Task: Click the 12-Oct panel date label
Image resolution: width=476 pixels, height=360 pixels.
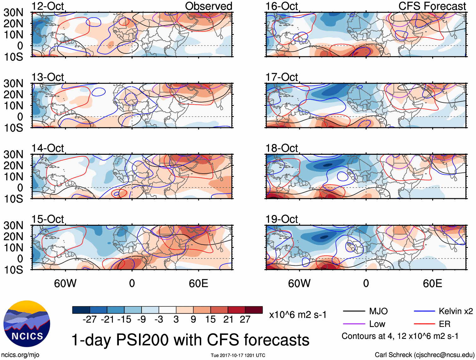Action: click(48, 6)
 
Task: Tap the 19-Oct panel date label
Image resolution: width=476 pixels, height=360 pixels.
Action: click(282, 219)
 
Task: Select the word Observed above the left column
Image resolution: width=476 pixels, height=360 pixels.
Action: click(208, 6)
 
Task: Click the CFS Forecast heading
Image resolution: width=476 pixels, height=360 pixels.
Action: click(432, 6)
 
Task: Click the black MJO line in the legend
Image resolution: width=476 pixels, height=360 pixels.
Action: click(354, 311)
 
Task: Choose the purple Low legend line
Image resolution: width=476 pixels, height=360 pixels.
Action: click(354, 324)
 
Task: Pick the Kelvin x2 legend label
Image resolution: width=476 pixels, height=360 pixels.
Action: click(456, 311)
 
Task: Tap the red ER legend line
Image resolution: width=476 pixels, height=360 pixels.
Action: click(424, 324)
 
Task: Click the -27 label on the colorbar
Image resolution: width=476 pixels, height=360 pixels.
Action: click(90, 320)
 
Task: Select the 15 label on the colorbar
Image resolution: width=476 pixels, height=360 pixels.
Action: click(210, 320)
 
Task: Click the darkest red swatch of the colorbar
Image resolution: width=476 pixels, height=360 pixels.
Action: click(254, 310)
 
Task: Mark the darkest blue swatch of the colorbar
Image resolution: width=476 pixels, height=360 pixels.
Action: click(81, 310)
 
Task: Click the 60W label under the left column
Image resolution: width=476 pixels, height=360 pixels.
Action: click(65, 283)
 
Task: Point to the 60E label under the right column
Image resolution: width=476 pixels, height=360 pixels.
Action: click(432, 283)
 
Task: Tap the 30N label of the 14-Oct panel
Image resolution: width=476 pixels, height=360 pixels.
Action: click(13, 154)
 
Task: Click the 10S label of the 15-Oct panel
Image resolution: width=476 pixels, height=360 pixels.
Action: click(13, 270)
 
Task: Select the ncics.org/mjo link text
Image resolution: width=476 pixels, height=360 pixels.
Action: click(20, 355)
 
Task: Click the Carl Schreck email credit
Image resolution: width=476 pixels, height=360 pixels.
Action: click(424, 355)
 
